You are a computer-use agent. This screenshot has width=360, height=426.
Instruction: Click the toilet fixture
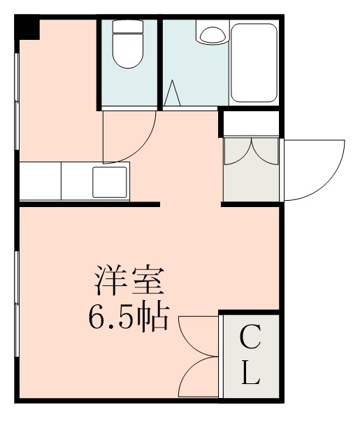tap(127, 53)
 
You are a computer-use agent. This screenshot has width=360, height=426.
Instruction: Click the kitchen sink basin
tap(110, 183)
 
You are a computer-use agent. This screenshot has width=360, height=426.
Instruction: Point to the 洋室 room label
tap(129, 281)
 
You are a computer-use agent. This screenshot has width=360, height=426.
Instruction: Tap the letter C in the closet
tap(250, 341)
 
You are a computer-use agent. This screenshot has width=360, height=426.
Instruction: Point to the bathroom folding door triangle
tap(174, 94)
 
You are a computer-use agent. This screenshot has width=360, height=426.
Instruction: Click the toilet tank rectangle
tap(127, 29)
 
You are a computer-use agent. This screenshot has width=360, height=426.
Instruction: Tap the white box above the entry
tap(251, 123)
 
